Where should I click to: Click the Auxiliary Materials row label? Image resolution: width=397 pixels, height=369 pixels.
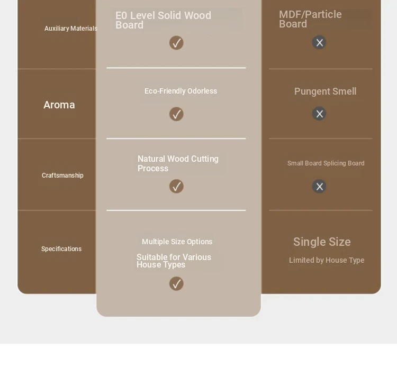[71, 29]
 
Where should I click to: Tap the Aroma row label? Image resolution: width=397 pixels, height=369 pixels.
[59, 105]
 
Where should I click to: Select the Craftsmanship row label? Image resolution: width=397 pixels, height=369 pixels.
[62, 176]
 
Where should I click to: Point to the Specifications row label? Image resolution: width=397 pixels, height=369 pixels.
[61, 249]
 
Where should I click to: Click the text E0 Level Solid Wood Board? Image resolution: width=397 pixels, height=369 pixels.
[164, 20]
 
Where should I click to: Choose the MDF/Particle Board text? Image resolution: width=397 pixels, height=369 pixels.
[310, 19]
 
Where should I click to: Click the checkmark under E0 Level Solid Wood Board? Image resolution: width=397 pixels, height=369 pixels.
[176, 43]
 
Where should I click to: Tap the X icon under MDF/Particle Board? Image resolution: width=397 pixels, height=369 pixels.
[319, 42]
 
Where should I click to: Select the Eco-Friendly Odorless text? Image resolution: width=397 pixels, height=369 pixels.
[181, 91]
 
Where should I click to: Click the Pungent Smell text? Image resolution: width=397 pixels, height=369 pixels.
[326, 91]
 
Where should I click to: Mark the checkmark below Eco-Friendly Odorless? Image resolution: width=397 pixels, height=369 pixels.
[176, 114]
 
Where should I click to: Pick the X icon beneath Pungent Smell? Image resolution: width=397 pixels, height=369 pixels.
[319, 114]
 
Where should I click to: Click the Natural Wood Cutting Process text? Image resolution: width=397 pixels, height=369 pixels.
[178, 163]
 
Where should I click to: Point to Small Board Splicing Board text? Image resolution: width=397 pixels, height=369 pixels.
[326, 163]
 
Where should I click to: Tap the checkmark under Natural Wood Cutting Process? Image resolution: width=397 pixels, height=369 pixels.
[176, 186]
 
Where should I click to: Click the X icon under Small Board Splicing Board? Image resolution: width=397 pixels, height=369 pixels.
[319, 186]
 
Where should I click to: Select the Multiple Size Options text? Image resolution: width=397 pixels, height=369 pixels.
[177, 242]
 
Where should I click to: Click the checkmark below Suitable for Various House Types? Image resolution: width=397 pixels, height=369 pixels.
[176, 283]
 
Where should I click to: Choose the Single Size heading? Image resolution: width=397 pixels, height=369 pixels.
[322, 242]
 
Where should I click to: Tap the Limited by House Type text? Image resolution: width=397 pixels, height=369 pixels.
[327, 260]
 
